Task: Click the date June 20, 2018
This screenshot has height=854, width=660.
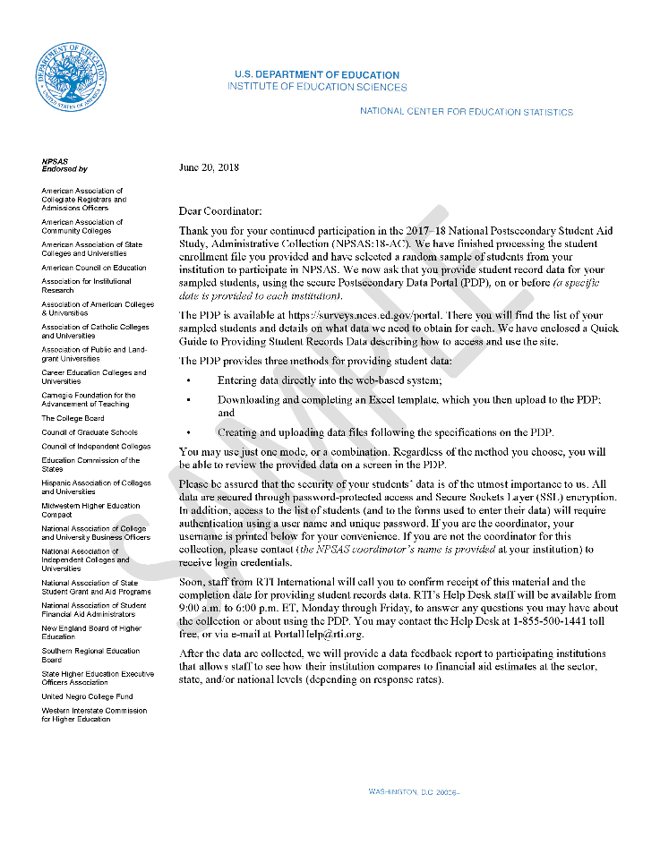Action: (x=209, y=167)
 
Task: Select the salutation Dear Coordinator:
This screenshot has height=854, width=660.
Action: (x=220, y=211)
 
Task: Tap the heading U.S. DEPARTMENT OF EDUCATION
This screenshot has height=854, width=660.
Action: (x=317, y=75)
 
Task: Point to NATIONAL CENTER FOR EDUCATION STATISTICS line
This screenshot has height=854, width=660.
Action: (x=466, y=112)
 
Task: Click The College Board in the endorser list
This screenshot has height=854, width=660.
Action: (x=73, y=418)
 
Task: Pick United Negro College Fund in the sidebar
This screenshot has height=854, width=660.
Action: (x=87, y=696)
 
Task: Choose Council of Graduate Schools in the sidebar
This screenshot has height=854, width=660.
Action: (x=90, y=432)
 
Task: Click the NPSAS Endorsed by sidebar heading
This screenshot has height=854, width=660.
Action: (x=64, y=165)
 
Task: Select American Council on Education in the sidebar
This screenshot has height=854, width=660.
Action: (x=93, y=268)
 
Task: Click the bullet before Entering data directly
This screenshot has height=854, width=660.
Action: (x=188, y=380)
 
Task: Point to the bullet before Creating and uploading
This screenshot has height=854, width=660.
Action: (x=188, y=432)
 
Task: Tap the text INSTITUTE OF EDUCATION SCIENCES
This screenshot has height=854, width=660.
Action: (x=317, y=88)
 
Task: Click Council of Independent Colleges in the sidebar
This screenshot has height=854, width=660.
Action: (x=96, y=446)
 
